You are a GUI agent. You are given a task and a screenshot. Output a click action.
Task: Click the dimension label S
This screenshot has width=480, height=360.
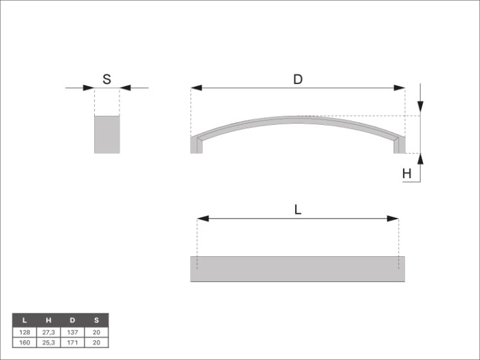106,79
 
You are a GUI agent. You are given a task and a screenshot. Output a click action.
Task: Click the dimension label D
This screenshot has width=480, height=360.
298,79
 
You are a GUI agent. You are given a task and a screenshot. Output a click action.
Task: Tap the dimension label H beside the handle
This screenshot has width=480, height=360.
406,174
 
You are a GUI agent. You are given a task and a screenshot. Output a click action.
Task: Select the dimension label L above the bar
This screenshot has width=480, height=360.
298,210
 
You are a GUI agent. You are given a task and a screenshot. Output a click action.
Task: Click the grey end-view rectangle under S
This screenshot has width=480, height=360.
107,135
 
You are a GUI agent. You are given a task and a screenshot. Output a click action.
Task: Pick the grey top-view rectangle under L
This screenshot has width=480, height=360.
298,268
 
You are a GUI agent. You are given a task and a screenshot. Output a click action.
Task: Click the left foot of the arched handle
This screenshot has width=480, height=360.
196,145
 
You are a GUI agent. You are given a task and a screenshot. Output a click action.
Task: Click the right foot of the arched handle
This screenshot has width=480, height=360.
399,145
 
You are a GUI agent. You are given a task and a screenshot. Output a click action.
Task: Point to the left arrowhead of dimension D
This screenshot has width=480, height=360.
196,88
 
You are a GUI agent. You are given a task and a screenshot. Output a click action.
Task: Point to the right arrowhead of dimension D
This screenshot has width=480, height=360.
399,88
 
